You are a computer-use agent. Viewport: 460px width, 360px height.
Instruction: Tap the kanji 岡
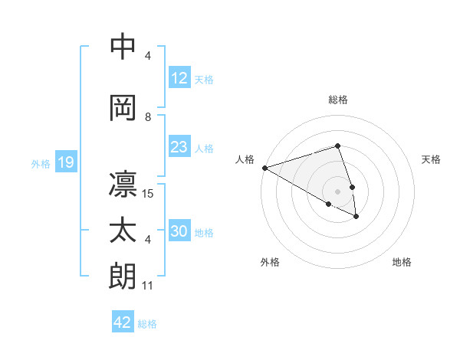pos(123,107)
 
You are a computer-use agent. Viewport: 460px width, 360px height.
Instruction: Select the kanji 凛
pos(123,184)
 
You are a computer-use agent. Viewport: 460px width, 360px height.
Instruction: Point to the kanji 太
pos(123,231)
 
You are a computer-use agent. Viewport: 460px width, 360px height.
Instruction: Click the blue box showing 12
pos(179,79)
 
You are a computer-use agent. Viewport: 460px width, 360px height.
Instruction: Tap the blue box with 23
pos(179,148)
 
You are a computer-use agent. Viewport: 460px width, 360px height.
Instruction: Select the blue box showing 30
pos(179,232)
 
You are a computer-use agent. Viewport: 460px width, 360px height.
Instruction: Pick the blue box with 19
pos(65,163)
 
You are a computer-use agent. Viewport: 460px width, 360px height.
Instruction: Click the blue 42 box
pos(122,322)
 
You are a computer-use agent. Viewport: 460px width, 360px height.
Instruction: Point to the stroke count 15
pos(149,193)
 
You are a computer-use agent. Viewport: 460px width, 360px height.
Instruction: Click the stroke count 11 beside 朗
pos(148,286)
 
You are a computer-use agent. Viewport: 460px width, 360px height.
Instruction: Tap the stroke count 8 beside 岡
pos(148,117)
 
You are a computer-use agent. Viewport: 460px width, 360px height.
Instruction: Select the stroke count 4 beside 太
pos(148,240)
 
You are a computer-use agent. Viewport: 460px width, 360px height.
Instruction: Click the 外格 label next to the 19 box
pos(40,164)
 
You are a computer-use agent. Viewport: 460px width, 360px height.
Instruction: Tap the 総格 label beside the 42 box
pos(147,324)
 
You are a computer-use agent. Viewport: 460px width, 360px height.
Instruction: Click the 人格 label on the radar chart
pos(245,159)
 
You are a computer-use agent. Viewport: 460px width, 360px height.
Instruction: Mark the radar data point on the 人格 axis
pos(264,168)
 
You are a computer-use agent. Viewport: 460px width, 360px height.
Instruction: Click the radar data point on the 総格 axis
pos(337,146)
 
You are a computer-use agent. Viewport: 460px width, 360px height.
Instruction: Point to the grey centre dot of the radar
pos(337,191)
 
